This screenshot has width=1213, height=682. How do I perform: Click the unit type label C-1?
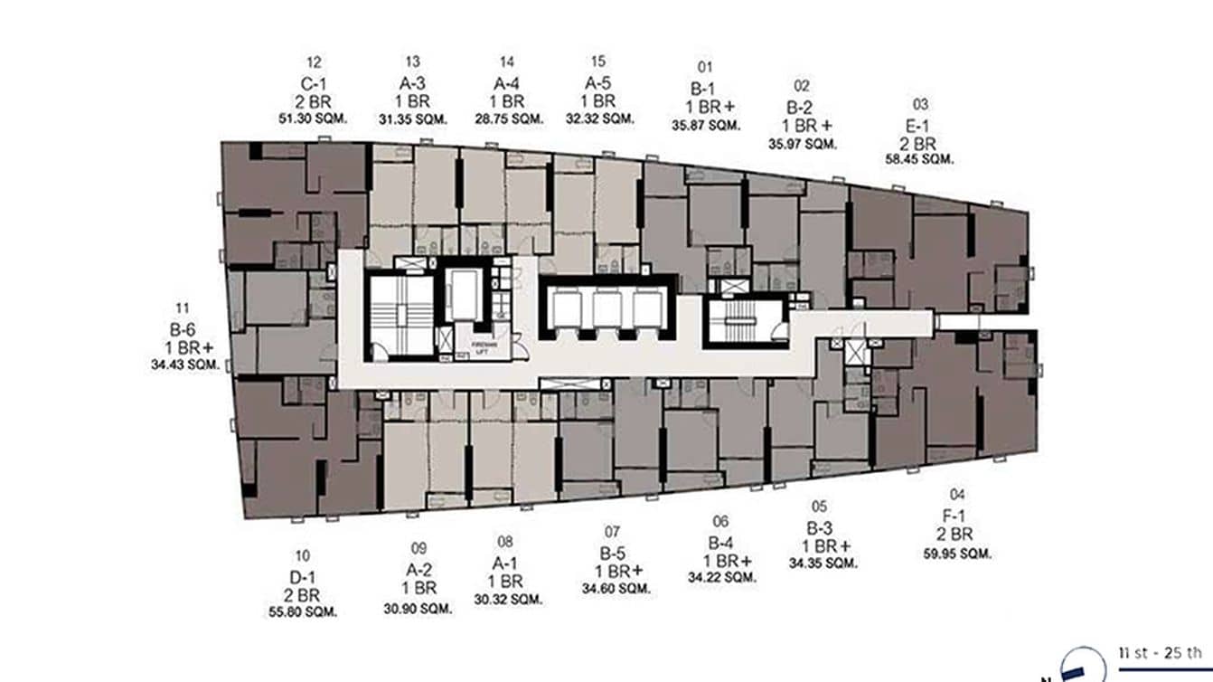(x=314, y=82)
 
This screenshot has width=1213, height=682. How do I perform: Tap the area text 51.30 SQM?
(x=314, y=118)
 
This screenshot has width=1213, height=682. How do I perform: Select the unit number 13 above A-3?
(x=413, y=62)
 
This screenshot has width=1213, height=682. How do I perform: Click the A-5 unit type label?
(x=598, y=82)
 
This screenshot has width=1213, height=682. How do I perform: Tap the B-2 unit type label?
(x=802, y=107)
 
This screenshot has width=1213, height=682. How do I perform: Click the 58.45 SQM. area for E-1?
(x=919, y=159)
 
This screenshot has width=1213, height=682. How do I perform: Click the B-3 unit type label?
(x=820, y=527)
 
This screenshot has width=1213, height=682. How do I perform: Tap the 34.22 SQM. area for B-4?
(x=720, y=577)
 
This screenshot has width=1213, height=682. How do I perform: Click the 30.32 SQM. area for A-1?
(x=507, y=599)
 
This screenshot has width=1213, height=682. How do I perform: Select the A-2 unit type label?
(x=418, y=570)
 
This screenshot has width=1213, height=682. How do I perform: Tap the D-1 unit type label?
(x=303, y=577)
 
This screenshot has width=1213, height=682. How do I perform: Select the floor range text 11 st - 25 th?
(x=1161, y=652)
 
